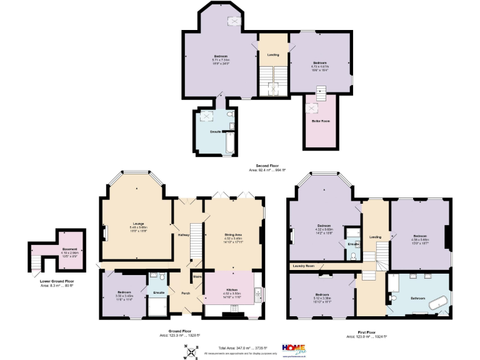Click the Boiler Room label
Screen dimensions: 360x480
[x=321, y=121]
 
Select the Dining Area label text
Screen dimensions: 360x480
[x=233, y=234]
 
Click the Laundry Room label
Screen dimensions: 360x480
[x=302, y=266]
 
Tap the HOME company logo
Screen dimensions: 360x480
[x=294, y=347]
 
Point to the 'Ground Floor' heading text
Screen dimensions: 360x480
[x=179, y=331]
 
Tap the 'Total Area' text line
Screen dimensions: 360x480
[x=242, y=347]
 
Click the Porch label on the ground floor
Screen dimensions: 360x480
[x=186, y=292]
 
